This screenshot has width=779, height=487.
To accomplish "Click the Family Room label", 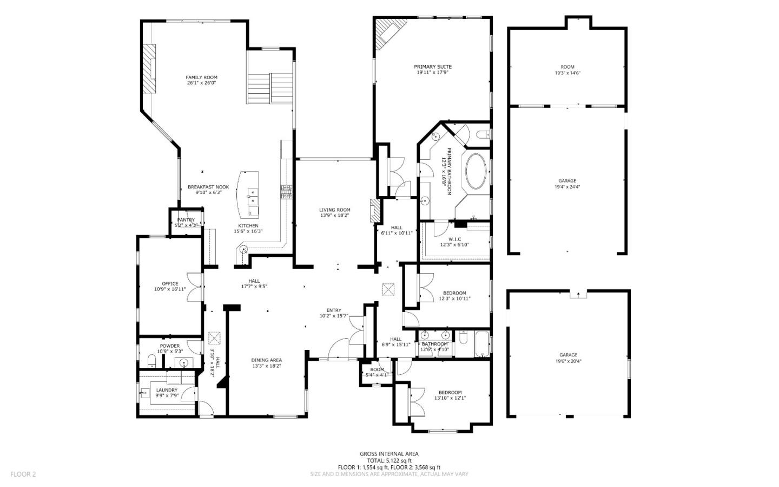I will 201,77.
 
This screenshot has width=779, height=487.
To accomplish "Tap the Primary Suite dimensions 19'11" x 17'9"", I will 432,73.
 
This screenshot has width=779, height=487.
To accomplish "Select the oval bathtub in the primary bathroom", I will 476,171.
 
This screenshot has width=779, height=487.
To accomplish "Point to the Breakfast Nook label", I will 208,187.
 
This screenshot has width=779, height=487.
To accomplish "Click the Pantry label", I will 186,220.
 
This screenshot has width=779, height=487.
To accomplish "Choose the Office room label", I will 170,283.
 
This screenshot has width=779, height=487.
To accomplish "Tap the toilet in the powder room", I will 151,361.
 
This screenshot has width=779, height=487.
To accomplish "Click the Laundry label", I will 167,390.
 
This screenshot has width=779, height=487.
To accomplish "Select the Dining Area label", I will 266,360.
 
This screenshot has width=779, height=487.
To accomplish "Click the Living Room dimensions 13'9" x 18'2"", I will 334,216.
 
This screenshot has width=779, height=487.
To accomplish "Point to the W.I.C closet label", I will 454,239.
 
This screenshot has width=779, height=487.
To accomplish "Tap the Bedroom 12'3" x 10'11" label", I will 454,293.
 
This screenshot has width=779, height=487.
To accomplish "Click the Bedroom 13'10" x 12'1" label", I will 450,393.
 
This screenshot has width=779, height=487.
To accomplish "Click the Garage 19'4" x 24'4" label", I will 567,181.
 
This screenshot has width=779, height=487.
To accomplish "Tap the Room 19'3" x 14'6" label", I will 567,67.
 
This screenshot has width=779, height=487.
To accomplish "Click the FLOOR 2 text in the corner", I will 23,474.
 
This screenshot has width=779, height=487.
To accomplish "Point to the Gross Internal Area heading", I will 389,454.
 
